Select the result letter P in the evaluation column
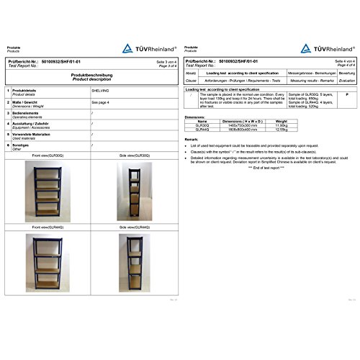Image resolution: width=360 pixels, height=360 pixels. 347,95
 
